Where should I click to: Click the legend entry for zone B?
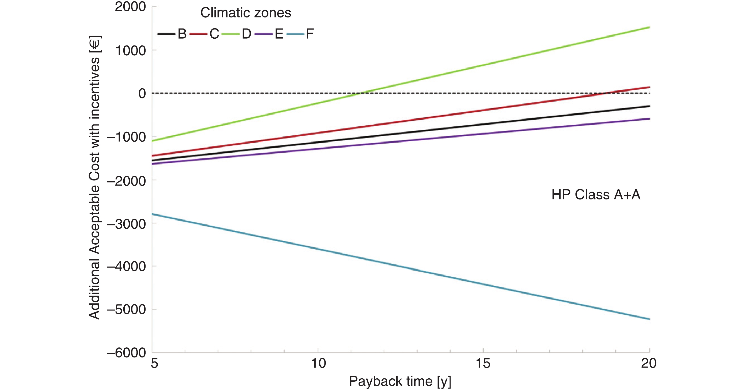(x=172, y=34)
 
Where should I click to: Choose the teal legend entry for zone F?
(x=300, y=34)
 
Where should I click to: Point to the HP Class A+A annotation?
(x=596, y=195)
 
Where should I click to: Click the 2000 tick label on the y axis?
(x=130, y=7)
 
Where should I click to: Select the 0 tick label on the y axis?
(x=142, y=93)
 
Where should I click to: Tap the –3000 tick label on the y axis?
(x=126, y=224)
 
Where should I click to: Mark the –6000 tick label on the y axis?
(x=126, y=353)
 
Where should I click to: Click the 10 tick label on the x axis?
(x=318, y=363)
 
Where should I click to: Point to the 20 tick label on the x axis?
(x=649, y=363)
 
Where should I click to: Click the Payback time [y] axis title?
(x=400, y=381)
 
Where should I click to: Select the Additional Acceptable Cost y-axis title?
(x=95, y=177)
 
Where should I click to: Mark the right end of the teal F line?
(x=649, y=319)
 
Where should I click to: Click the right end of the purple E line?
(x=649, y=119)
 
